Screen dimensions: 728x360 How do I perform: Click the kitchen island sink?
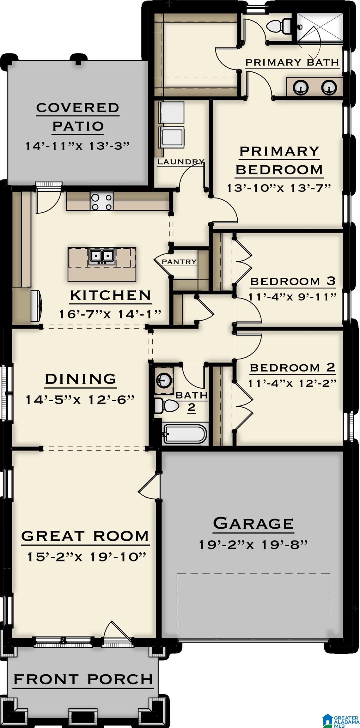pos(101,256)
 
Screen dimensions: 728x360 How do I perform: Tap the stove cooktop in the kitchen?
pos(102,202)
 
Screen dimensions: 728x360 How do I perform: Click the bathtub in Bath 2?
pos(185,434)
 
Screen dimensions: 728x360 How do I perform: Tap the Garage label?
pos(253,524)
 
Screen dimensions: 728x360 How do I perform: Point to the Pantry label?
pos(179,262)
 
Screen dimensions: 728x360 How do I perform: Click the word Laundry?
pos(180,162)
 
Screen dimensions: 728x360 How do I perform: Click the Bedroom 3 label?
pos(292,281)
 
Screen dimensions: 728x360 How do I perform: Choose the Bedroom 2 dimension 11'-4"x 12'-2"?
pos(292,383)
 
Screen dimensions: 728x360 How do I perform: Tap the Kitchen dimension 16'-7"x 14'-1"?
pos(110,314)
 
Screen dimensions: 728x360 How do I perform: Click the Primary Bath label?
pos(292,62)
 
